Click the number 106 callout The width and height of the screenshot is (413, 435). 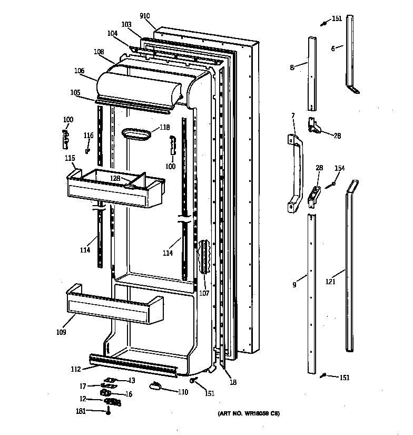point(79,70)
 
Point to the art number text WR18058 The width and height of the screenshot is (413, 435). point(249,414)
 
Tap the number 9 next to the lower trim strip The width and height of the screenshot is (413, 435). point(294,285)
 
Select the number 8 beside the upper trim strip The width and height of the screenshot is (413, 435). point(291,67)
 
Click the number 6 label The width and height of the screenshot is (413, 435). point(333,49)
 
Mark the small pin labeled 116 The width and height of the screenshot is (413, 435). point(87,151)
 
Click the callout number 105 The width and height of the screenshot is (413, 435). point(76,92)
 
